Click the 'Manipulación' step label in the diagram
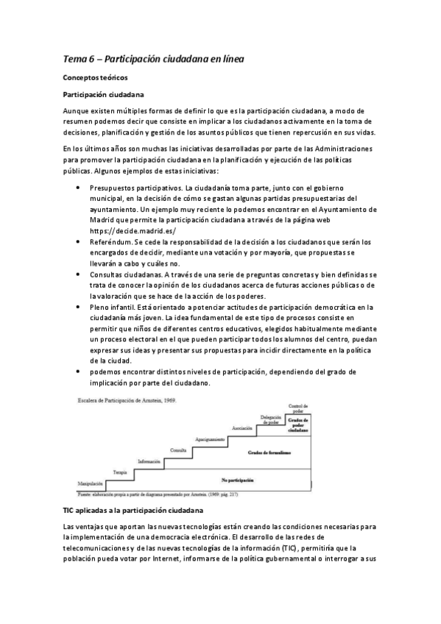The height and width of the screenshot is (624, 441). click(x=91, y=483)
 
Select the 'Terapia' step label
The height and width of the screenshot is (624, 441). click(x=120, y=471)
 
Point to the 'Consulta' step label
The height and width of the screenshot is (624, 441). click(x=178, y=450)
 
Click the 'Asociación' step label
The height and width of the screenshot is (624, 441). click(x=243, y=428)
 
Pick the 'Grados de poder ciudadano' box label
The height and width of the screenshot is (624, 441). click(x=297, y=423)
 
